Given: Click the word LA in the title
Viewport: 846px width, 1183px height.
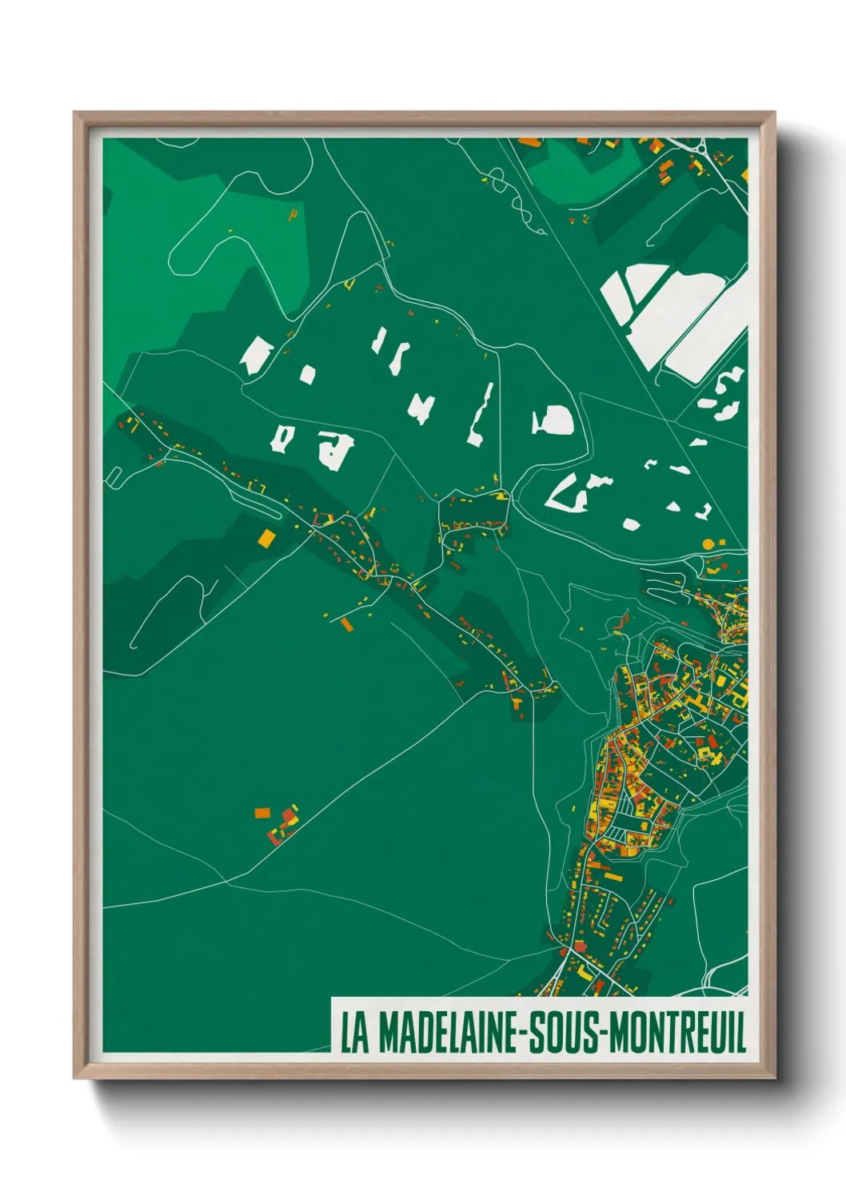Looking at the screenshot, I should tap(355, 1033).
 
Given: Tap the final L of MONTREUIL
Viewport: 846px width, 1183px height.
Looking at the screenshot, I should tap(740, 1033).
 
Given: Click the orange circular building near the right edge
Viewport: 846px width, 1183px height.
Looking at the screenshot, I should tap(708, 544).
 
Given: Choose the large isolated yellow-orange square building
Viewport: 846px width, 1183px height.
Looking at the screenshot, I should tap(266, 537).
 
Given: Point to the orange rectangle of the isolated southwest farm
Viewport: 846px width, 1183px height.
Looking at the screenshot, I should tap(261, 813).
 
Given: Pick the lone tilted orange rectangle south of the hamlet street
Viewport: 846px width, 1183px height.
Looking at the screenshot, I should tap(346, 623).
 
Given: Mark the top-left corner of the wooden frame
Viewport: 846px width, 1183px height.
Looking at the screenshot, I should tap(74, 113).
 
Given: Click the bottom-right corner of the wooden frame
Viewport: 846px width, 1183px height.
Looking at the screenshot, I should tap(774, 1077).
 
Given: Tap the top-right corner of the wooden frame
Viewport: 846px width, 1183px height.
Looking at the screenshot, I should tap(774, 113).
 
